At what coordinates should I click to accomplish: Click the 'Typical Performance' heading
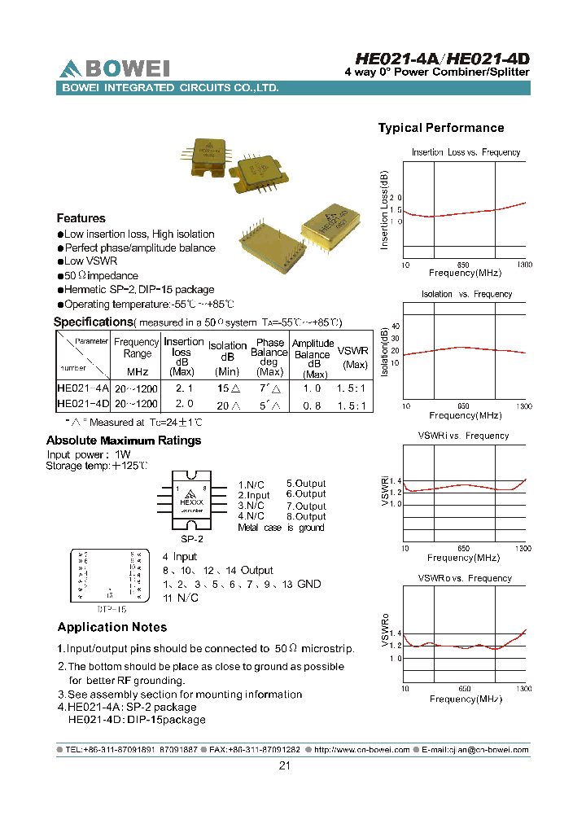(x=440, y=128)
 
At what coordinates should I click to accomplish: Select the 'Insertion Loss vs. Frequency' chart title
(x=466, y=152)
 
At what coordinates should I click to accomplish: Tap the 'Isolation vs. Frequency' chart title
(x=466, y=294)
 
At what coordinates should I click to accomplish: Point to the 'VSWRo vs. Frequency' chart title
(x=465, y=578)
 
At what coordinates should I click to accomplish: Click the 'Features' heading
(x=81, y=218)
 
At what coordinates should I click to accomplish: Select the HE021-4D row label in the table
(x=82, y=404)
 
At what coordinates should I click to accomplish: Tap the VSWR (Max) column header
(x=352, y=357)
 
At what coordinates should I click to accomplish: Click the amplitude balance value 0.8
(x=313, y=404)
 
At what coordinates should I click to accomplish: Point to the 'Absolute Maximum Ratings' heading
(x=123, y=440)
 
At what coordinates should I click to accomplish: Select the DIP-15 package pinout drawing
(x=111, y=575)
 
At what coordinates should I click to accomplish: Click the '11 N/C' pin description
(x=181, y=598)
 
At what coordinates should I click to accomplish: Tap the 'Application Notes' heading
(x=112, y=627)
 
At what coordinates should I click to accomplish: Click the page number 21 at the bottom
(x=285, y=765)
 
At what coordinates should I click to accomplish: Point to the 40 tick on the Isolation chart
(x=396, y=327)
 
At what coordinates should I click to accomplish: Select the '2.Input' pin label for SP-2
(x=254, y=495)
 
